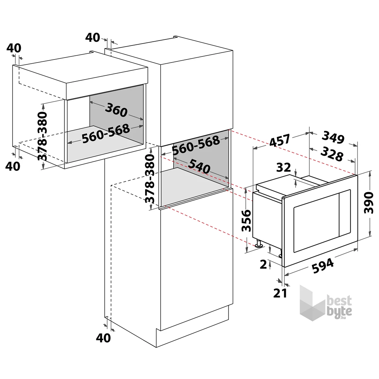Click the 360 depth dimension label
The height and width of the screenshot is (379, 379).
116,111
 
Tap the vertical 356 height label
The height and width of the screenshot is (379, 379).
247,221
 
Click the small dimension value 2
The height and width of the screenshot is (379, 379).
263,264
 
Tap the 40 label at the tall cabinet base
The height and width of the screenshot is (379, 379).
103,337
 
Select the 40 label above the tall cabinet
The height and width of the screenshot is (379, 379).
92,38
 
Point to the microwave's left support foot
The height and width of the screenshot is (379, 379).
259,244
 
